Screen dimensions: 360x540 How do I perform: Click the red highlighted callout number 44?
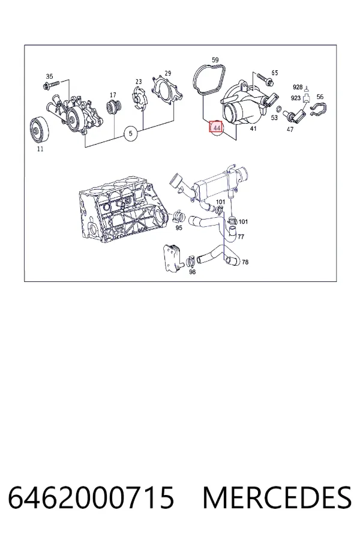pos(217,128)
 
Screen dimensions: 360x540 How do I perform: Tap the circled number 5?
pos(130,133)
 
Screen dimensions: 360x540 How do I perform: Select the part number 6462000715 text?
pos(91,497)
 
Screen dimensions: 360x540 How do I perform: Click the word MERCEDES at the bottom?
pos(277,497)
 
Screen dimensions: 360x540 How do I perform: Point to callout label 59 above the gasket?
pos(215,60)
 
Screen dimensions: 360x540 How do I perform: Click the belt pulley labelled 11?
pos(39,130)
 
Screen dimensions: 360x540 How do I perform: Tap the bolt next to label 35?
pos(51,84)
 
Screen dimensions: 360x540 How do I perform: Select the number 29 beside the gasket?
pos(168,73)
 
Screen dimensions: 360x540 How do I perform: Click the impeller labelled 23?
pos(140,99)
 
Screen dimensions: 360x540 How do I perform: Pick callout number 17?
pos(113,95)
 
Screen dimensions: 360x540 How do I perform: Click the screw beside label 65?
pos(265,79)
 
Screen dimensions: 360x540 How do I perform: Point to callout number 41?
pos(253,128)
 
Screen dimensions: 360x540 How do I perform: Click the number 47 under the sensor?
pos(290,129)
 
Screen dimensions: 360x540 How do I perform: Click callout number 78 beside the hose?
pos(245,262)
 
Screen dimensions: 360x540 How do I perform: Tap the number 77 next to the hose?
pos(241,236)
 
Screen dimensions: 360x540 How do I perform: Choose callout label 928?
pos(298,87)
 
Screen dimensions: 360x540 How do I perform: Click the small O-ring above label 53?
pos(280,110)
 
